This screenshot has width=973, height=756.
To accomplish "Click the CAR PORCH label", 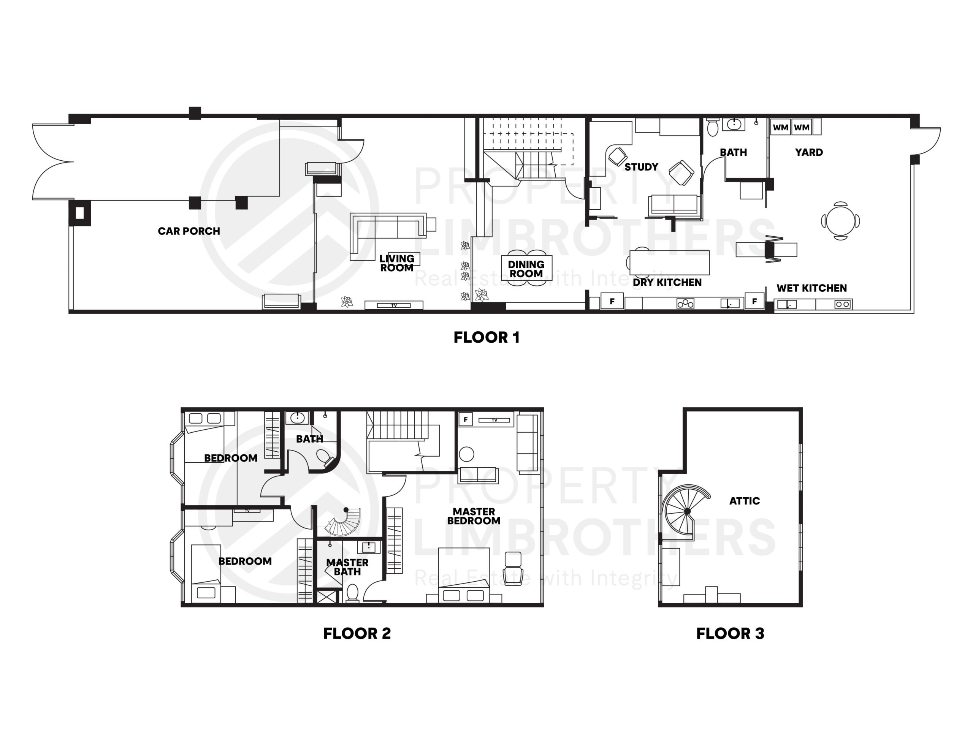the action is click(189, 231).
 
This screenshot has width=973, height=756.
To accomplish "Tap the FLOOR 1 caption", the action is click(486, 337).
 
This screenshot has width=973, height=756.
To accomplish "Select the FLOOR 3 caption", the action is click(730, 634).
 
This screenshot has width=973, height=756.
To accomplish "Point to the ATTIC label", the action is click(745, 501).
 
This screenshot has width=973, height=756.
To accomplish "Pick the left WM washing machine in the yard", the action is click(781, 127).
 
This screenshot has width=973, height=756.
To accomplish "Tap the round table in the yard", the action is click(841, 221).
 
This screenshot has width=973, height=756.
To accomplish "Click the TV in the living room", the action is click(394, 305).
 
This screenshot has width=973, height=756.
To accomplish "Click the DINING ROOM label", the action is click(526, 269).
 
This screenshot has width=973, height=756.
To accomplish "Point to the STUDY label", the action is click(641, 167).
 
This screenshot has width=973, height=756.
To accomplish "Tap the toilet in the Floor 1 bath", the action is click(713, 127).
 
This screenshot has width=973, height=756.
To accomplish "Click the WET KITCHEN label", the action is click(812, 288).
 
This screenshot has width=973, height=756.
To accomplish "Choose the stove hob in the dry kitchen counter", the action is click(685, 304).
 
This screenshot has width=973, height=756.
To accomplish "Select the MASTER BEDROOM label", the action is click(474, 516).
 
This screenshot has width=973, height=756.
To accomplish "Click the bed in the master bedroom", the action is click(464, 575).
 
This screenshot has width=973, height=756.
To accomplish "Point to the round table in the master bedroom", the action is click(466, 454).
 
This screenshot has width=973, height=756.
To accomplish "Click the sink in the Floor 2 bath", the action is click(297, 418).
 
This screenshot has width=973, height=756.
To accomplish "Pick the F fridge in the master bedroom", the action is click(466, 419).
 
